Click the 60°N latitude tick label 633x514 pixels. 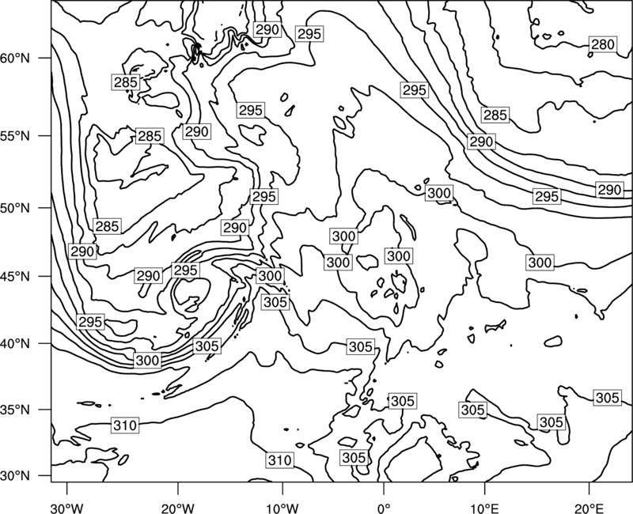(15, 58)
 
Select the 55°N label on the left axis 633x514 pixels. (15, 136)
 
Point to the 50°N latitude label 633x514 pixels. (15, 208)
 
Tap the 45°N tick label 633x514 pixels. (15, 276)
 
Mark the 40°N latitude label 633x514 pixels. (15, 344)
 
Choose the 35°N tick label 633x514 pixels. (15, 410)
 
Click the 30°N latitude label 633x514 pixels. (15, 476)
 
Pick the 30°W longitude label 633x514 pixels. (66, 508)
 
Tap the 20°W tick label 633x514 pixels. (177, 508)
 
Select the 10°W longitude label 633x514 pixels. (282, 508)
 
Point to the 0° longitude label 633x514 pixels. (384, 508)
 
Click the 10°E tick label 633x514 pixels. (484, 508)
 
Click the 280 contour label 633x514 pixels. (603, 44)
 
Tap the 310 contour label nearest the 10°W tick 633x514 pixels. (280, 460)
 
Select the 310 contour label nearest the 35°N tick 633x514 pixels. (125, 425)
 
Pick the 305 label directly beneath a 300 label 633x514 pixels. (275, 302)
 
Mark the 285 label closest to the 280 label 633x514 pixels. (495, 115)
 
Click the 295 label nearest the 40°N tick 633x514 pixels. (90, 322)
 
